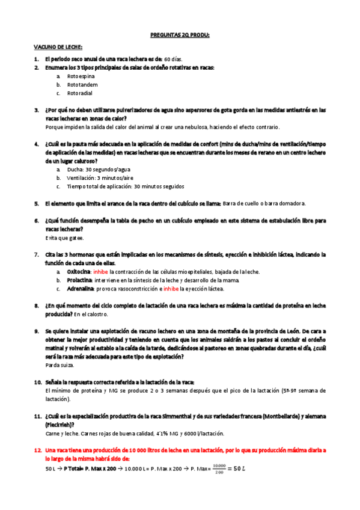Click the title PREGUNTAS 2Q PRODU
pos(180,35)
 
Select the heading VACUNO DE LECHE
pos(58,48)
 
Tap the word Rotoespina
pos(81,76)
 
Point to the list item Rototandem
pos(82,85)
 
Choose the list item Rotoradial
pos(80,93)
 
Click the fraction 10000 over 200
pos(218,468)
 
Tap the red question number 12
pos(37,449)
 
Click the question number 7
pos(37,255)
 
